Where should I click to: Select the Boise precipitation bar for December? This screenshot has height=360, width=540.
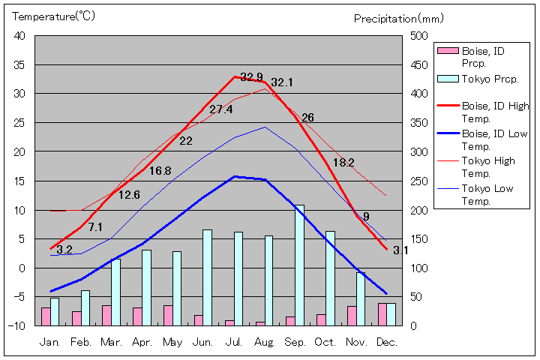tap(382, 314)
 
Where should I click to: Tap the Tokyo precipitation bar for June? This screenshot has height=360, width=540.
tap(207, 277)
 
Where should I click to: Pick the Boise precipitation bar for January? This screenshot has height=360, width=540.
tap(46, 316)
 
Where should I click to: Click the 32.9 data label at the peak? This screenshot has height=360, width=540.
tap(251, 77)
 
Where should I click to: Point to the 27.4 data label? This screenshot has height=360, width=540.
tap(220, 109)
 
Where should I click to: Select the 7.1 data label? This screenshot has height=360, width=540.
tap(95, 226)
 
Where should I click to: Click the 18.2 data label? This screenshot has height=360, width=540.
tap(343, 162)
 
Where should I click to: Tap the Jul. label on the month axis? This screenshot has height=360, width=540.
tap(235, 342)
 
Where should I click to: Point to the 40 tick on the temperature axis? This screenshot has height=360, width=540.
tap(19, 36)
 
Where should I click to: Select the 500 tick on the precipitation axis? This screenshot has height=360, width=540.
tap(421, 36)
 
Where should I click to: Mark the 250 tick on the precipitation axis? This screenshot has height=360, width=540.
tap(421, 181)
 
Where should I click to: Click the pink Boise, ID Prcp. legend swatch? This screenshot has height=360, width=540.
tap(447, 51)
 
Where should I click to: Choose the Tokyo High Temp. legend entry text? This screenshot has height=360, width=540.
tap(488, 166)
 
